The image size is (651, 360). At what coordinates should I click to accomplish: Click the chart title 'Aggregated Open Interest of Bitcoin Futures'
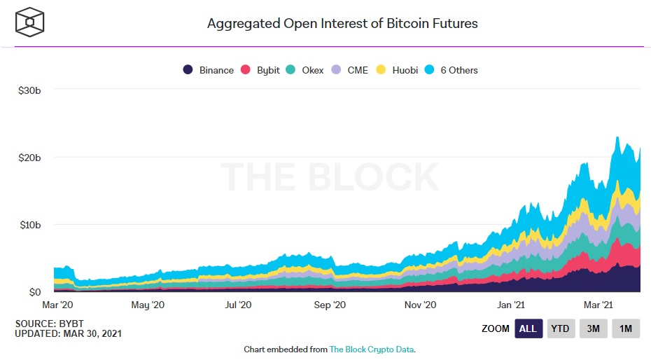point(342,23)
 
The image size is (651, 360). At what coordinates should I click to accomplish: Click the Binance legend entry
point(209,70)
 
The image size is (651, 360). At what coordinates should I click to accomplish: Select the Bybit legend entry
point(260,70)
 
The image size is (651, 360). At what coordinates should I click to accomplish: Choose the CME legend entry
point(351,70)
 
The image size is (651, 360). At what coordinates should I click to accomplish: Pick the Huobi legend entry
point(398,70)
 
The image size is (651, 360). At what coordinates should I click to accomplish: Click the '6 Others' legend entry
point(451,70)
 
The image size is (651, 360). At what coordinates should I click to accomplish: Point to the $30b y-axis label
point(29,90)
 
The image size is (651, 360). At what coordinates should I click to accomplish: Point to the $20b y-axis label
point(29,158)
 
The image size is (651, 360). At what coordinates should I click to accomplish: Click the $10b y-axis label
point(29,225)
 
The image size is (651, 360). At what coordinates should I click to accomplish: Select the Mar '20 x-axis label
point(57,305)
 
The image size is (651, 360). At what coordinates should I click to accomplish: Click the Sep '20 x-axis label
point(330,305)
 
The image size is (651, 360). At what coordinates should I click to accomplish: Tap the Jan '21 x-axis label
point(512,305)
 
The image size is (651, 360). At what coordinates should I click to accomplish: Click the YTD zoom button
point(560,328)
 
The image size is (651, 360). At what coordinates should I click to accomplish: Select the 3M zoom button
point(593,328)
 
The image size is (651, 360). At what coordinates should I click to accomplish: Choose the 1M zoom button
point(626,328)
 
